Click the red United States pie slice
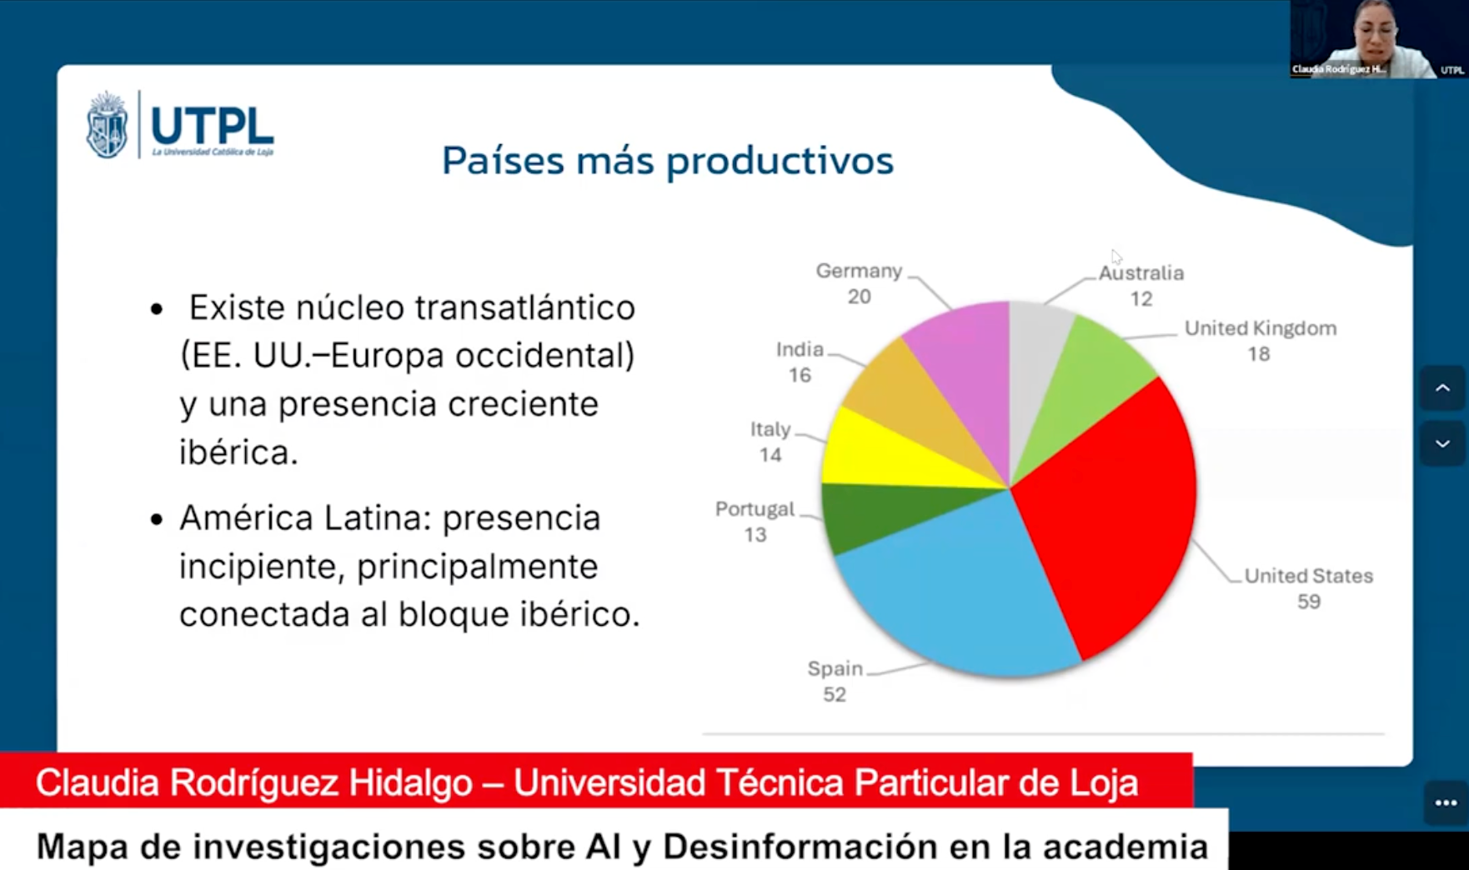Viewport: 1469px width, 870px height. pyautogui.click(x=1109, y=508)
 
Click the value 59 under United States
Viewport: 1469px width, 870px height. pyautogui.click(x=1308, y=602)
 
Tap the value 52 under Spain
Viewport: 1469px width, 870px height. pyautogui.click(x=834, y=694)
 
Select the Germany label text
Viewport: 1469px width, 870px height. pyautogui.click(x=859, y=272)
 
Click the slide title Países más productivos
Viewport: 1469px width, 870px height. pyautogui.click(x=667, y=160)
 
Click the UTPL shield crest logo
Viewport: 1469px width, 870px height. pyautogui.click(x=108, y=125)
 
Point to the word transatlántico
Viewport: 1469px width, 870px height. pyautogui.click(x=524, y=307)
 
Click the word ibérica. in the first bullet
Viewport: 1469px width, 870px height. pyautogui.click(x=238, y=452)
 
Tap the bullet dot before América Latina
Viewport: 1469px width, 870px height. pyautogui.click(x=157, y=520)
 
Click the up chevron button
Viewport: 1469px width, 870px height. pyautogui.click(x=1441, y=389)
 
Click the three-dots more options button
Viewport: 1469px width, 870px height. pyautogui.click(x=1446, y=802)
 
